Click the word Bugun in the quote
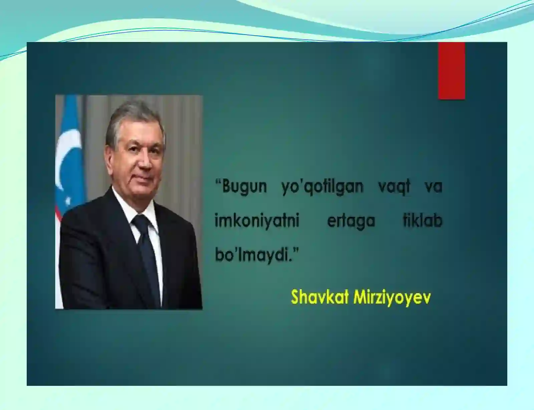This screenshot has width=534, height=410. coord(244,186)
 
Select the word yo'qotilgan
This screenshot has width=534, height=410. coord(322,186)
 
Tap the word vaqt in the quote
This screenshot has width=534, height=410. coord(394,186)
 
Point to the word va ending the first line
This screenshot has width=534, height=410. coord(434,186)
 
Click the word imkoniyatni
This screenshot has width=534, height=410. coord(257,221)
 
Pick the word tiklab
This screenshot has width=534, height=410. coord(422,220)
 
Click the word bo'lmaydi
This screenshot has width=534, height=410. coord(252,255)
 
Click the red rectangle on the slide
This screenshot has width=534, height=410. coord(451,71)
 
